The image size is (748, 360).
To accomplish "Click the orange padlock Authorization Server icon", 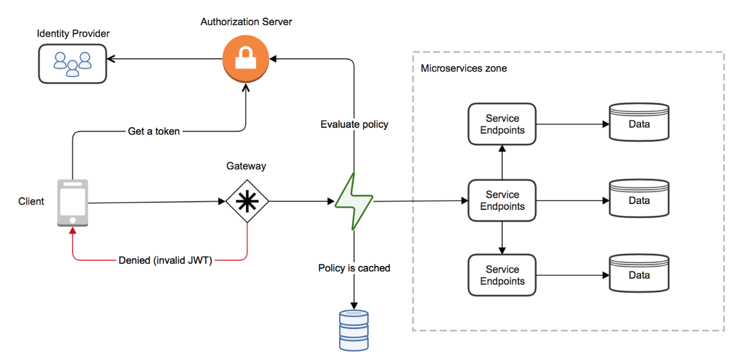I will coord(245,58).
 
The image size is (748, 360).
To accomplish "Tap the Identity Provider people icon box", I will coord(72,64).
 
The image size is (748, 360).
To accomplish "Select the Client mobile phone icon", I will coord(73,203).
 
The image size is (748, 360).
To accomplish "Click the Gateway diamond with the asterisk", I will coord(247,201).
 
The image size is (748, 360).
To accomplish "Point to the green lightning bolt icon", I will coord(354,201).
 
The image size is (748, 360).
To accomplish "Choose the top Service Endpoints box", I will coord(502,124).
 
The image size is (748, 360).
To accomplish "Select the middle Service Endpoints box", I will coord(502,201).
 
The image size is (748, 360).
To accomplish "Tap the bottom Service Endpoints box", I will coord(502,276).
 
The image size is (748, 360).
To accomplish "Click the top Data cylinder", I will coord(639,122).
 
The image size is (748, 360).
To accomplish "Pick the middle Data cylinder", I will coord(639,199).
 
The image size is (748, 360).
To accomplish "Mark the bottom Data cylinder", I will coord(639,273).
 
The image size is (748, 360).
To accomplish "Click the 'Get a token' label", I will coord(154,131).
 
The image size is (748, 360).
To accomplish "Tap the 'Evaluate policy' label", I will coord(354,124).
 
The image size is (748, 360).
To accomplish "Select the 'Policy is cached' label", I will coord(354,268).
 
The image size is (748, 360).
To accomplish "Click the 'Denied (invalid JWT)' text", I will coord(165,261).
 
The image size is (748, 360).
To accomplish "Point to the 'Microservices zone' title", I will coord(464,68).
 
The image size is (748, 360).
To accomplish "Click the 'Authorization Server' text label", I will coord(246,22).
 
